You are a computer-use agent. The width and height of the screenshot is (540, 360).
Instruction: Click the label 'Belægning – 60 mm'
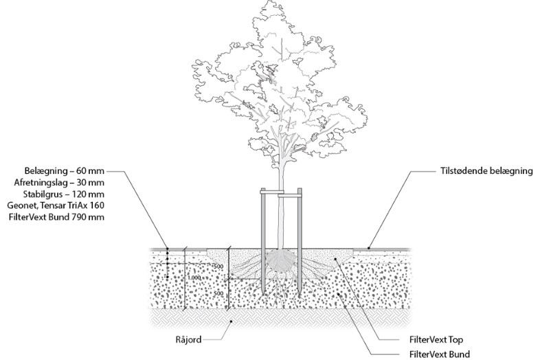64,171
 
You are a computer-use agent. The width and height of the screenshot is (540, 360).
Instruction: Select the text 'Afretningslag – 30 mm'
59,182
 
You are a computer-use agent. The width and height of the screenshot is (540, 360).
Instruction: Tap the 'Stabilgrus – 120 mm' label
64,194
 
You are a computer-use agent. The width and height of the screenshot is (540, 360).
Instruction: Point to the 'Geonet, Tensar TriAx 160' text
56,205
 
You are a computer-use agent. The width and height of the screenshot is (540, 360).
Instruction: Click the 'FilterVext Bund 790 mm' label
56,217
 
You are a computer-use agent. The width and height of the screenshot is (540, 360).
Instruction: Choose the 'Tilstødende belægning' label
486,171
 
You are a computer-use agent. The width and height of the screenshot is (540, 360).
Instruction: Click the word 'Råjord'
188,340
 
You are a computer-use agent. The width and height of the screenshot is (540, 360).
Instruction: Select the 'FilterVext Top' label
436,339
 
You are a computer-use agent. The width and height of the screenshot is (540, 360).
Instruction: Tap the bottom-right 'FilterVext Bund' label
440,354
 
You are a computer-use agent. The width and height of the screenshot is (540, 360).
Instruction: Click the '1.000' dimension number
194,278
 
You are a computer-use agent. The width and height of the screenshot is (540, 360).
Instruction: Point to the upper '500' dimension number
218,267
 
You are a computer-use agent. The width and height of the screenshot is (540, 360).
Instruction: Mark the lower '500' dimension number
218,293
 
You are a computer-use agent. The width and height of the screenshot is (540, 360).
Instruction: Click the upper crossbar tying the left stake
273,190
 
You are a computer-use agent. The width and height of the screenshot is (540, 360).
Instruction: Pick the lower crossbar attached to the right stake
290,196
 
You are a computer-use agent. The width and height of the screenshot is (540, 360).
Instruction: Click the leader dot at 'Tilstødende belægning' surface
369,248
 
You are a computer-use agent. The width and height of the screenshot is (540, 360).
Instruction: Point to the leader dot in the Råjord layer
232,321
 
